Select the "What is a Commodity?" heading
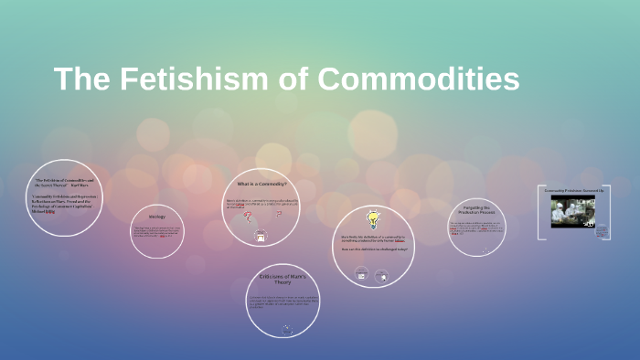[x=261, y=184]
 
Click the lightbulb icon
[x=373, y=219]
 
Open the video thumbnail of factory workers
[x=572, y=212]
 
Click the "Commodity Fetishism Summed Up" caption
[x=573, y=190]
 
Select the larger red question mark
[x=278, y=215]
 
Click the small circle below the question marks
[x=261, y=237]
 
